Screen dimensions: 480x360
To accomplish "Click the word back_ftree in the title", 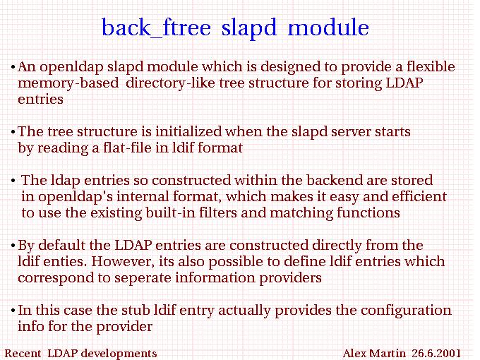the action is (156, 28).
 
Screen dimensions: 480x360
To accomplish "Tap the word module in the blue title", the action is (328, 27).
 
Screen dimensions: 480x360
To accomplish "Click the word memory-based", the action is (68, 83).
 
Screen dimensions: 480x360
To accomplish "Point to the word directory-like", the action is (171, 83).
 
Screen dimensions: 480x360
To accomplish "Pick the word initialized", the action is (188, 131).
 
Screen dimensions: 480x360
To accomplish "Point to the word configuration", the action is (406, 311).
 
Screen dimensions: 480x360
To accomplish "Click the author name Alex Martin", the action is (374, 353).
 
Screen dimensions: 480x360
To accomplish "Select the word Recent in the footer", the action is (23, 353).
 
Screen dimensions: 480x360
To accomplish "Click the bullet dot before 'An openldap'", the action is (13, 67).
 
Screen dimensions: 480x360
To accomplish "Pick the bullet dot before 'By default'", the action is (13, 246).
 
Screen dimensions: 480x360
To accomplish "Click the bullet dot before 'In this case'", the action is (13, 311).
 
